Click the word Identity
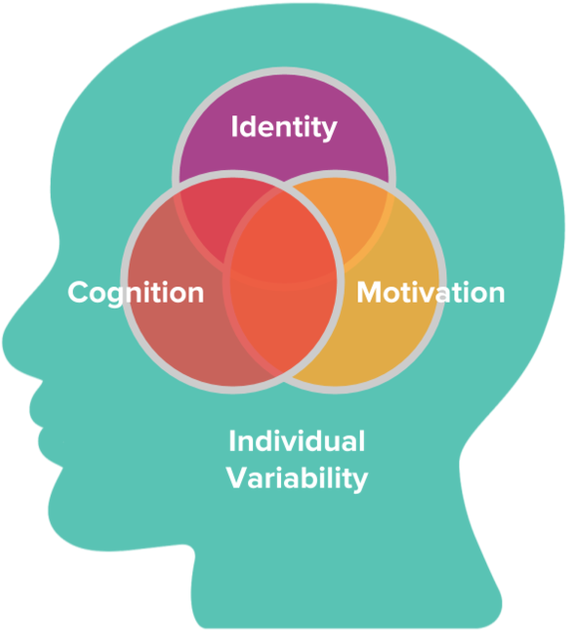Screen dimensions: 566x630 point(284,127)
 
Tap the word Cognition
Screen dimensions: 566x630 point(136,294)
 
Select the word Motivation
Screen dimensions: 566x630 point(430,292)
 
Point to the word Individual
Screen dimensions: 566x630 point(297,441)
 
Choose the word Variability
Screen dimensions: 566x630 point(297,479)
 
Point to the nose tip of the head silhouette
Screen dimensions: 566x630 point(5,341)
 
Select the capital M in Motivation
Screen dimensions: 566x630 point(370,292)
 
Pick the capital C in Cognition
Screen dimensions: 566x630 point(79,292)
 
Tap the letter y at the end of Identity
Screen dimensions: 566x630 point(330,130)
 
